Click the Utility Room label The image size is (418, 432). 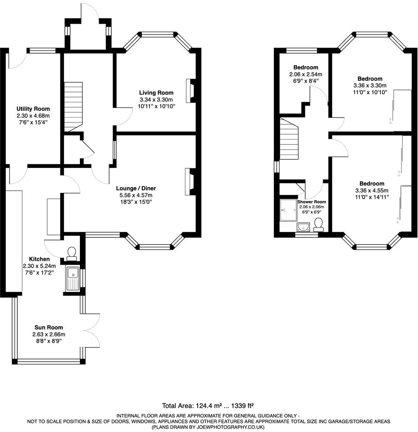coord(33,109)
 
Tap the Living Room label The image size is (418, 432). coord(156,93)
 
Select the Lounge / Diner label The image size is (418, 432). coord(136,188)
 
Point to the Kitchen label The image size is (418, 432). coord(40,259)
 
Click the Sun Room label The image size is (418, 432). coord(49,328)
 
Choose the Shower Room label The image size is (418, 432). coord(312,202)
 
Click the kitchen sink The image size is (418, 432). coord(73,279)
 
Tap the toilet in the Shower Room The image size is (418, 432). coord(318,225)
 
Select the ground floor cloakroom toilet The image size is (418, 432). coord(72,254)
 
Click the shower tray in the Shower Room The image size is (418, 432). coord(289,210)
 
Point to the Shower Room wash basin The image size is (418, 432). coord(303,227)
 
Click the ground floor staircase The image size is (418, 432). coord(74,107)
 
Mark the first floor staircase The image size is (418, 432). coord(289,139)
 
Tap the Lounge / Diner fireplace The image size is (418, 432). coord(190,182)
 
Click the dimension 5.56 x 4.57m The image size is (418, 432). coord(136,195)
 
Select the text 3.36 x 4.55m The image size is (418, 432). coord(372,191)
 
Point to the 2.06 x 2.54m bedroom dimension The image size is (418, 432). coord(306,74)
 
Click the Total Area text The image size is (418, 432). coord(208,406)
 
